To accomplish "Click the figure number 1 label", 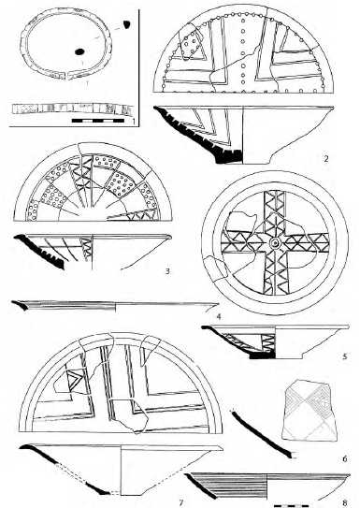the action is pyautogui.click(x=134, y=122).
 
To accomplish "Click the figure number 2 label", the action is pyautogui.click(x=326, y=159).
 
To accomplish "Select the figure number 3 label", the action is pyautogui.click(x=167, y=271).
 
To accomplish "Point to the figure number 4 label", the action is pyautogui.click(x=219, y=316).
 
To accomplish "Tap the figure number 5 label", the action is pyautogui.click(x=345, y=356).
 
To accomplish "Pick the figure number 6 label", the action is pyautogui.click(x=344, y=458).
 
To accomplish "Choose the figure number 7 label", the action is pyautogui.click(x=181, y=502).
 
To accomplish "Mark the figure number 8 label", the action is pyautogui.click(x=345, y=502).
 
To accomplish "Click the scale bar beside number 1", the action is pyautogui.click(x=98, y=121).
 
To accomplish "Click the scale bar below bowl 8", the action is pyautogui.click(x=291, y=505).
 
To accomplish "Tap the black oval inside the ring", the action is pyautogui.click(x=79, y=51).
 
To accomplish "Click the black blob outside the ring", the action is pyautogui.click(x=126, y=24).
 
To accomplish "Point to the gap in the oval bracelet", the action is pyautogui.click(x=67, y=76).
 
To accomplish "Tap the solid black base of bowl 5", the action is pyautogui.click(x=263, y=356).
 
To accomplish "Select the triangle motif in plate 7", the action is pyautogui.click(x=74, y=380).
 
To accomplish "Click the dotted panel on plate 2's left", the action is pyautogui.click(x=192, y=45).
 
